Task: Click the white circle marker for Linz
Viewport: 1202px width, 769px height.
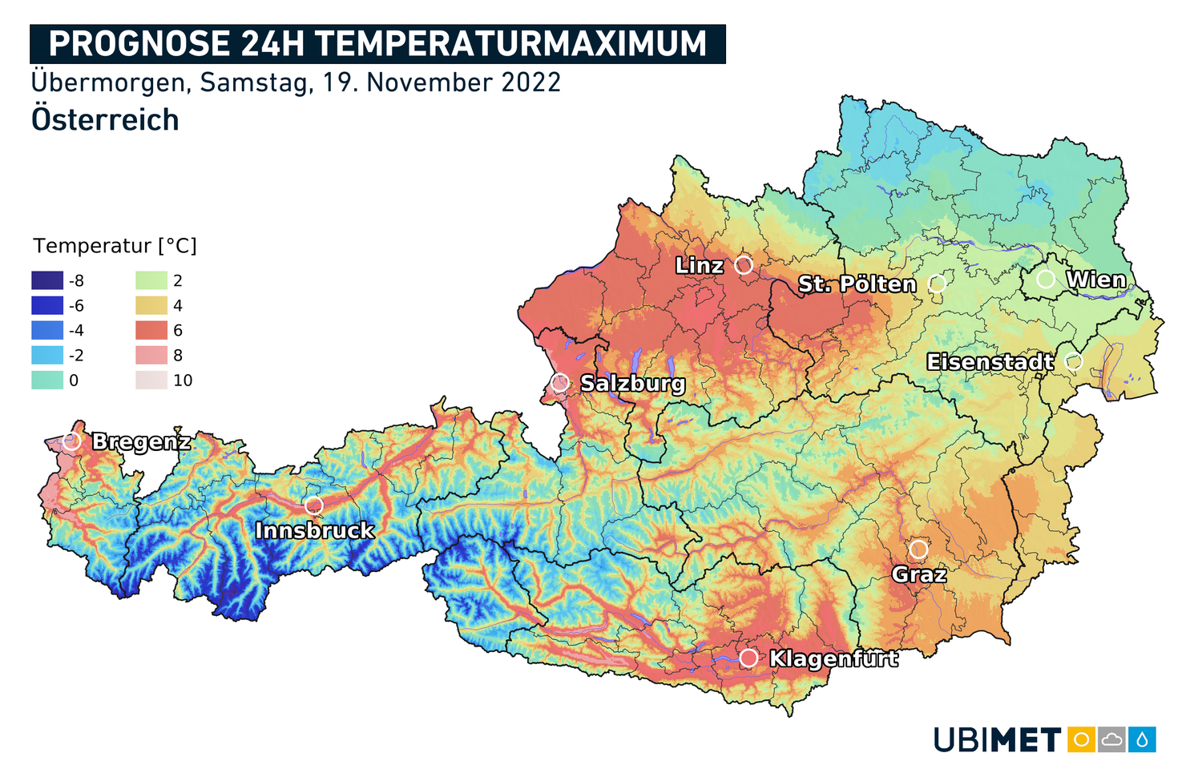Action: (744, 264)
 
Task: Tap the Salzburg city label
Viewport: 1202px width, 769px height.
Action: (632, 384)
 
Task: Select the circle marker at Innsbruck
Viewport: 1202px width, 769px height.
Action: (313, 505)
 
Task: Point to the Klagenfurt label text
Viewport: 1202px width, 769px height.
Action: (833, 658)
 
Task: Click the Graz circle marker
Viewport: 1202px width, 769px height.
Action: (918, 550)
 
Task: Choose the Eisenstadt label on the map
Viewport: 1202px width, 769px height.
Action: (990, 362)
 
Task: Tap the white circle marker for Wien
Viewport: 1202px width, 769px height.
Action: (1045, 279)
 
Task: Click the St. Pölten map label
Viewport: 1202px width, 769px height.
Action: (857, 284)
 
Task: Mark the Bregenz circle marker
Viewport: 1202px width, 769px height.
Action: (72, 441)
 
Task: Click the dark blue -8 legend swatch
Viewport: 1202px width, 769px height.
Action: (47, 280)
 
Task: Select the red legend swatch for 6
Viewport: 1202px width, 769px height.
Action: (151, 330)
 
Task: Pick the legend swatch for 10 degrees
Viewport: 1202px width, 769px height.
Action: (151, 380)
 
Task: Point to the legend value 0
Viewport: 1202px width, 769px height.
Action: (74, 380)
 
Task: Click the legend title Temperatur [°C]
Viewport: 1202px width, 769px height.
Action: (115, 246)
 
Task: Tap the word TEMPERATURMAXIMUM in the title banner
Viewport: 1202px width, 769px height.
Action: (510, 44)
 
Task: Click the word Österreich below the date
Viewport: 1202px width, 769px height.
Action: (105, 119)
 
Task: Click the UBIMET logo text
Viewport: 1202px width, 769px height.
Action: (997, 740)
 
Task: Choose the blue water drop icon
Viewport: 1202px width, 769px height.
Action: (1142, 739)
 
